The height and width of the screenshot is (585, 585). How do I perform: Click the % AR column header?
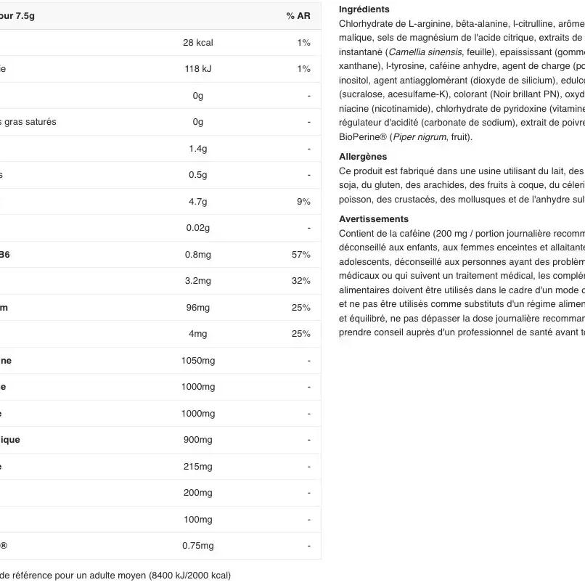tap(298, 16)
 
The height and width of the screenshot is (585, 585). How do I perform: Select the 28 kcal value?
tap(198, 43)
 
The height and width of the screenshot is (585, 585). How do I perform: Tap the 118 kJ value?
tap(198, 69)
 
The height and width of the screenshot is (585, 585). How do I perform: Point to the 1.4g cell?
tap(198, 149)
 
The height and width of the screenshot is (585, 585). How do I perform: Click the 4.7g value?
tap(198, 202)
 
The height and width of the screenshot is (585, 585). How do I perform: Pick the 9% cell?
tap(303, 202)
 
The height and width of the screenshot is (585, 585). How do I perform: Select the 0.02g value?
tap(198, 228)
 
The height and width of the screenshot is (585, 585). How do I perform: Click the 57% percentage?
tap(301, 255)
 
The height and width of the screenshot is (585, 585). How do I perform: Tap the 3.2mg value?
tap(198, 281)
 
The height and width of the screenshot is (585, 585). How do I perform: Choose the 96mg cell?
tap(198, 308)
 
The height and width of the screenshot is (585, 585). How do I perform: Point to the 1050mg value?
tap(198, 361)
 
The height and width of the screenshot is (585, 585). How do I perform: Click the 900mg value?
tap(198, 440)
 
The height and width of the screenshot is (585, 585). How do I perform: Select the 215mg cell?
tap(198, 467)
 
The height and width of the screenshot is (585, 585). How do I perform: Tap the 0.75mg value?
tap(198, 546)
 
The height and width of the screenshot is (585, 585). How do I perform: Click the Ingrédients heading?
tap(364, 9)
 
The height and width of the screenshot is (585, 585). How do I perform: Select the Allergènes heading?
tap(363, 157)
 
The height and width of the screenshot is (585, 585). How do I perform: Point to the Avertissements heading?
tap(374, 219)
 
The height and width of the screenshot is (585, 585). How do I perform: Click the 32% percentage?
tap(301, 281)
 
